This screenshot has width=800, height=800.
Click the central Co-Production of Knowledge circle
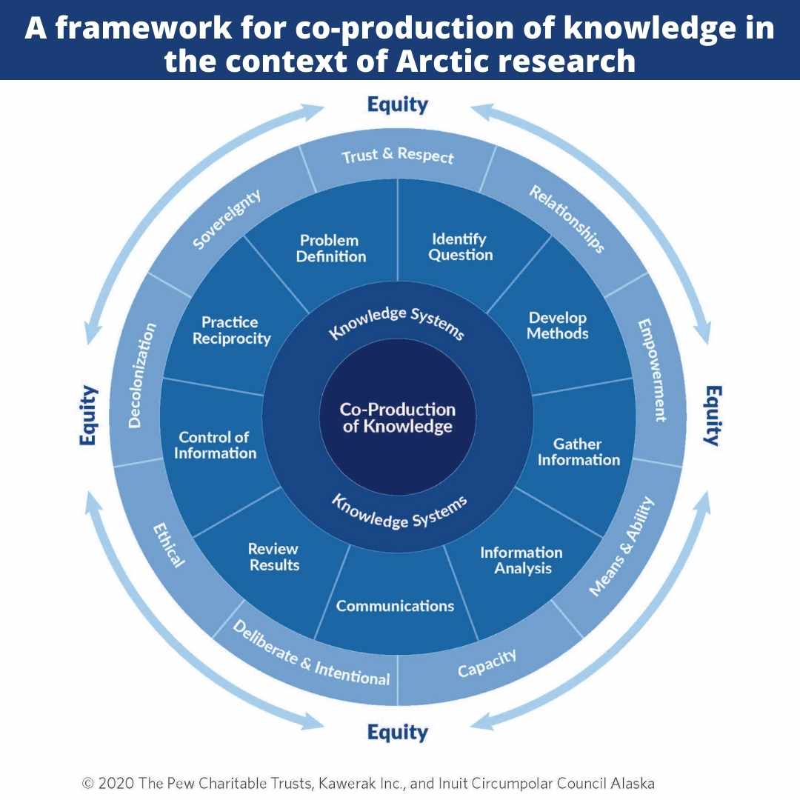[398, 417]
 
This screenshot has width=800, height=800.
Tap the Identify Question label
[461, 247]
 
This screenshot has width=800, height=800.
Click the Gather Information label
[579, 452]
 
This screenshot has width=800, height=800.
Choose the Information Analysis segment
[521, 567]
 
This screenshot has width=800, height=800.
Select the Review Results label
[274, 556]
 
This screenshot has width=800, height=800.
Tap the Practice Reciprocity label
[231, 330]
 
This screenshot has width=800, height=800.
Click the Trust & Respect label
[398, 155]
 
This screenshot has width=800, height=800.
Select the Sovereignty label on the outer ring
[227, 219]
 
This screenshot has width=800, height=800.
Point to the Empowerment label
[653, 370]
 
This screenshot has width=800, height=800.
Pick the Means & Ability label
[621, 546]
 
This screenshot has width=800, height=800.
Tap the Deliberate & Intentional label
[311, 653]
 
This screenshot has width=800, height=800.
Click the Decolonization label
[141, 375]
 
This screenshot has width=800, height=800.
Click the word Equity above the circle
[398, 105]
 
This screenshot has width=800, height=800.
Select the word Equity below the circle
[398, 733]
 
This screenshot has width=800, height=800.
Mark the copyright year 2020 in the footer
[117, 783]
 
